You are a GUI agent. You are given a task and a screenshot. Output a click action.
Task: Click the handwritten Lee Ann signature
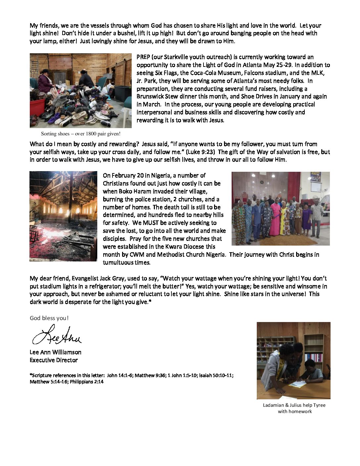56,335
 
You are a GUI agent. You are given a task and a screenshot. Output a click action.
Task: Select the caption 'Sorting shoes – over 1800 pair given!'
81,134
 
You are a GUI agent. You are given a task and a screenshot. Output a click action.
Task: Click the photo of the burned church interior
63,216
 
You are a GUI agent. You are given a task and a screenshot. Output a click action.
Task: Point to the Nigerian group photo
280,209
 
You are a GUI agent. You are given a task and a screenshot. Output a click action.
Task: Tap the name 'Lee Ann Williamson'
56,352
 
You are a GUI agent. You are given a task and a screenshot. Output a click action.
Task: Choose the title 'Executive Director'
54,360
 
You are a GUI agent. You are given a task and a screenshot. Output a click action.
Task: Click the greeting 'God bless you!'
49,318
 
